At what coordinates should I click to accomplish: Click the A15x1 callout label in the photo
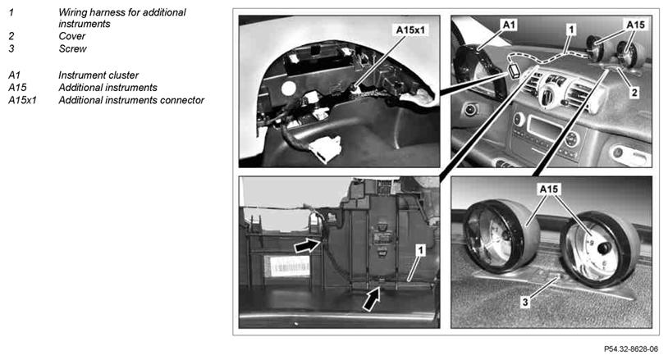click(x=410, y=30)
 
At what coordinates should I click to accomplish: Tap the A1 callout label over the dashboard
click(x=509, y=25)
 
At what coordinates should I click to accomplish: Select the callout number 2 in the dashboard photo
click(x=634, y=92)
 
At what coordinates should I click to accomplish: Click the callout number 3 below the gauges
click(x=525, y=302)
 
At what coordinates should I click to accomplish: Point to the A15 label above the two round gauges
click(x=549, y=189)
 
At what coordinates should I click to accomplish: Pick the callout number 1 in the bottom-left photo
click(x=420, y=250)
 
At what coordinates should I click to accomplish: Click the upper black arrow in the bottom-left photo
click(x=308, y=245)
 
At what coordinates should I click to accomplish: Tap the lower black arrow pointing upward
click(x=371, y=298)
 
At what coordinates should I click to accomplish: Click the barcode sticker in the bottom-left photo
click(x=286, y=267)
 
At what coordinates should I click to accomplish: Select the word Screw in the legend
click(x=72, y=49)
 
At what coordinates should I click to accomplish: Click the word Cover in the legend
click(x=72, y=36)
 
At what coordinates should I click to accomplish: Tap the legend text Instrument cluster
click(x=98, y=75)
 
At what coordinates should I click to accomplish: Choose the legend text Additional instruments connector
click(x=131, y=100)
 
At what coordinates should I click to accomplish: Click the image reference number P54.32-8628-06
click(x=631, y=349)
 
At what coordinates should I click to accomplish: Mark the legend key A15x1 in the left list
click(x=22, y=100)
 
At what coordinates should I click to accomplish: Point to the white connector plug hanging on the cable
click(x=325, y=149)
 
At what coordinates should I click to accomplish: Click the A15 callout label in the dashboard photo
click(x=636, y=25)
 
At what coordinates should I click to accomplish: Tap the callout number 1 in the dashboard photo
click(x=571, y=29)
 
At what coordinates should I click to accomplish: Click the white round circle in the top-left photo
click(x=288, y=89)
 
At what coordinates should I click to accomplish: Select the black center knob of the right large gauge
click(x=604, y=248)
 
